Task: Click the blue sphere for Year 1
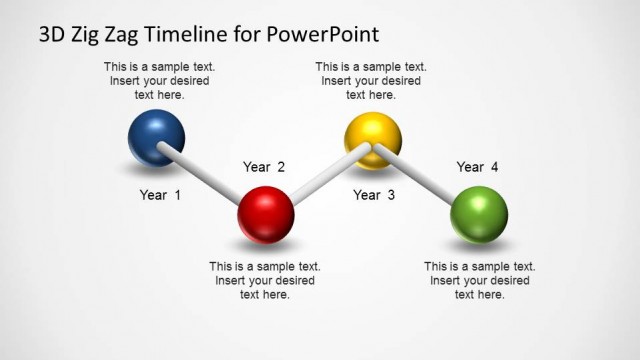[x=157, y=137]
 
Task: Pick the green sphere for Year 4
[x=479, y=214]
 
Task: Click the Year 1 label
[x=160, y=195]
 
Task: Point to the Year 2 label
[x=264, y=167]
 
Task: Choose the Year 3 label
[x=374, y=195]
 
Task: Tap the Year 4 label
[x=477, y=167]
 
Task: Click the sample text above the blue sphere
[x=159, y=81]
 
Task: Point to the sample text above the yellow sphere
[x=370, y=81]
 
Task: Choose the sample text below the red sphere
[x=265, y=280]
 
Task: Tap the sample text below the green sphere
[x=479, y=280]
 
